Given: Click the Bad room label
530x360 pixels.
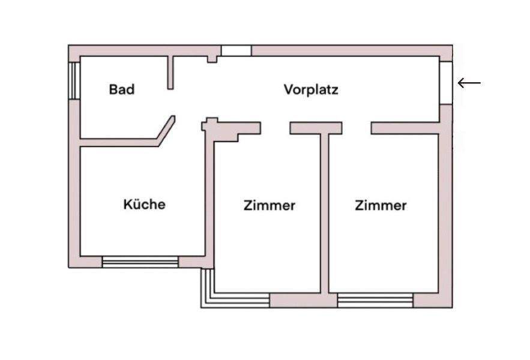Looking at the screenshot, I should [x=122, y=90].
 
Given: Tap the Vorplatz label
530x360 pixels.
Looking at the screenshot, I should [x=311, y=90].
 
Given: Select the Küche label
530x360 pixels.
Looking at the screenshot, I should [x=144, y=204].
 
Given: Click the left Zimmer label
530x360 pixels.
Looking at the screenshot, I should [x=270, y=206].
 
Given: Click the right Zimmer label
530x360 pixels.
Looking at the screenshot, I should [x=381, y=206].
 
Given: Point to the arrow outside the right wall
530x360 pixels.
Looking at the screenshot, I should [x=469, y=83].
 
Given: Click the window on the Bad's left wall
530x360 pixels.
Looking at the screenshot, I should [x=74, y=80].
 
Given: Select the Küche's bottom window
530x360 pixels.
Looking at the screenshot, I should [x=140, y=262].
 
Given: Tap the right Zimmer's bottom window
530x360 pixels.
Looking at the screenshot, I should [x=375, y=300].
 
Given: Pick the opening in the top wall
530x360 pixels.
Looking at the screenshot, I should [x=236, y=51].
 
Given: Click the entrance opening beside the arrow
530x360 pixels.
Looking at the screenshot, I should [x=446, y=82].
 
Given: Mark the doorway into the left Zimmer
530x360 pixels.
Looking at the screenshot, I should [x=276, y=128].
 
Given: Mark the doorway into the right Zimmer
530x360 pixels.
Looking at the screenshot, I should [x=357, y=128].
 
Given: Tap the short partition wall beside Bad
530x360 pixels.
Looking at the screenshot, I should [x=170, y=73].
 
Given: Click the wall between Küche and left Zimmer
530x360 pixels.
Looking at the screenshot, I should [x=209, y=198].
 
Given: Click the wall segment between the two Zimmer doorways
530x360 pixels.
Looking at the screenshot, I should [x=316, y=128].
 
